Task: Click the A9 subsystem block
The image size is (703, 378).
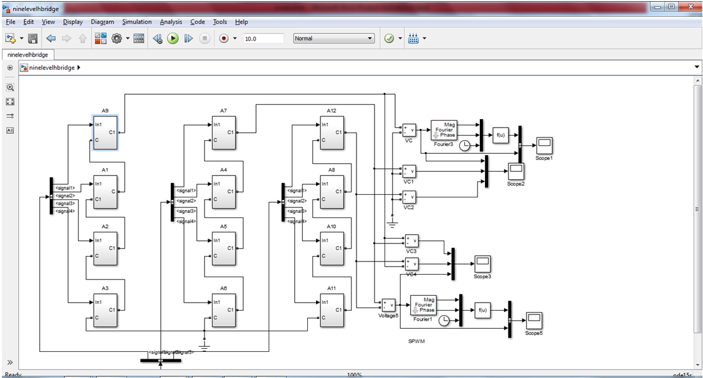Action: (x=105, y=132)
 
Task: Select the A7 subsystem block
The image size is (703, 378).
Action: (x=224, y=132)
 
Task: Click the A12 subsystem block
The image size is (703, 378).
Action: (x=332, y=132)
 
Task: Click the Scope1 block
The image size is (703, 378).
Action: (x=544, y=145)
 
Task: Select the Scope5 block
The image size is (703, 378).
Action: (x=533, y=321)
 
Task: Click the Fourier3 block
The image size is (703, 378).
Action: (x=443, y=130)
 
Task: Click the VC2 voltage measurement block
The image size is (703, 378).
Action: (x=409, y=197)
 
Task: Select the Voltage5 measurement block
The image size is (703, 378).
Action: (x=388, y=305)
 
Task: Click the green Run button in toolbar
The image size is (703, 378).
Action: (x=173, y=39)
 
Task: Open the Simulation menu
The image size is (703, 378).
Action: (x=136, y=22)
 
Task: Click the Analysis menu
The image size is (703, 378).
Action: (x=171, y=22)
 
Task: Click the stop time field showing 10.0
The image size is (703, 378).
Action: (x=262, y=39)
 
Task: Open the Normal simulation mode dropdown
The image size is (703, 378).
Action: (x=333, y=39)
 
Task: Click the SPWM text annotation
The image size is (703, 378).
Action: (x=416, y=341)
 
